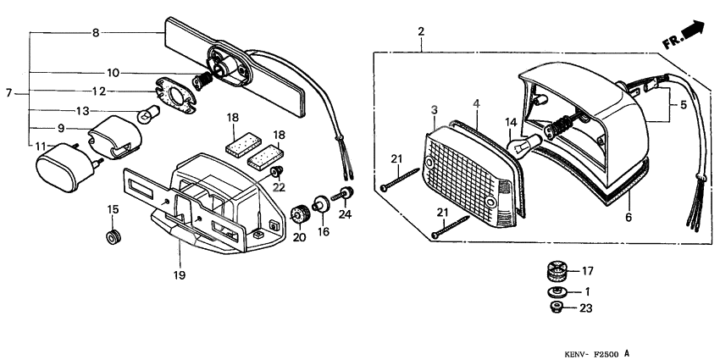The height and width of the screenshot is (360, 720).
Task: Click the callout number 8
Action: (96, 33)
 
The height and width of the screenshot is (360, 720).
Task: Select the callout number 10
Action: (113, 72)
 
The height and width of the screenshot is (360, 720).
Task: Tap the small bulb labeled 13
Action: (148, 111)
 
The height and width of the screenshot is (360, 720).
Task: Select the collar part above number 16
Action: (322, 204)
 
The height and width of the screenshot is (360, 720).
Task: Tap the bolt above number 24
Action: (345, 194)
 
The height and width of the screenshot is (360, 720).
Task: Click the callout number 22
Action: (279, 186)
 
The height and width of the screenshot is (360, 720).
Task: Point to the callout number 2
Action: (421, 32)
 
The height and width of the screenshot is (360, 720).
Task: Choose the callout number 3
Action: (434, 110)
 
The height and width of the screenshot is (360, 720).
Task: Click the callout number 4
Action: (477, 103)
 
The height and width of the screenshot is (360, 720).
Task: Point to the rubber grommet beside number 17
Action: (556, 273)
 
